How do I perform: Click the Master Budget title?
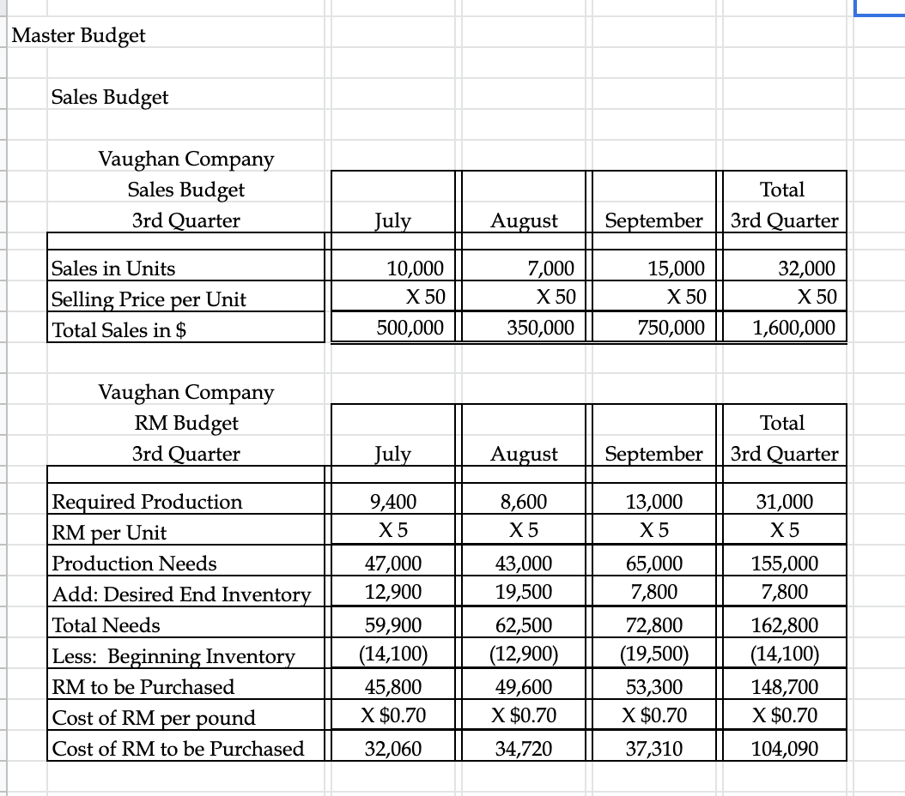pyautogui.click(x=80, y=36)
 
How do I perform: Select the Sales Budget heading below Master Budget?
pyautogui.click(x=110, y=97)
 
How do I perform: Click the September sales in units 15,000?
pyautogui.click(x=676, y=268)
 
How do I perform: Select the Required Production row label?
pyautogui.click(x=148, y=502)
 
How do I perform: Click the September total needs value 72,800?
pyautogui.click(x=655, y=624)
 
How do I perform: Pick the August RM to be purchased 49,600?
pyautogui.click(x=525, y=686)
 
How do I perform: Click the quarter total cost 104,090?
pyautogui.click(x=785, y=748)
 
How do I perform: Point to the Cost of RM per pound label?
pyautogui.click(x=155, y=718)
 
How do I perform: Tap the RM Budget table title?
pyautogui.click(x=185, y=423)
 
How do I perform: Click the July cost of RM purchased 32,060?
pyautogui.click(x=393, y=748)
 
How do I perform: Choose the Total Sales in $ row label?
pyautogui.click(x=120, y=330)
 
